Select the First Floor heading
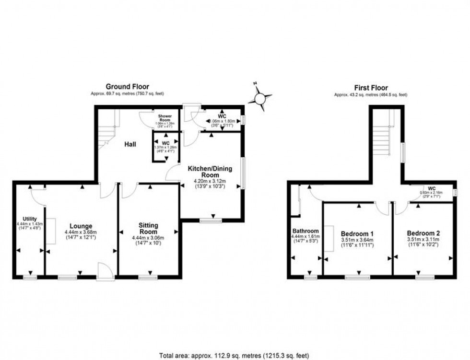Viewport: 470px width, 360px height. [371, 88]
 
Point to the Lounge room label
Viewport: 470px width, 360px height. [81, 226]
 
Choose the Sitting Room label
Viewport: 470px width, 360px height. [148, 228]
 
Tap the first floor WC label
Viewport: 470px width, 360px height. [432, 188]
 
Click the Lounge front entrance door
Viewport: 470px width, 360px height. [105, 271]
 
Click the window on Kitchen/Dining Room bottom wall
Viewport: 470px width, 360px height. [211, 221]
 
